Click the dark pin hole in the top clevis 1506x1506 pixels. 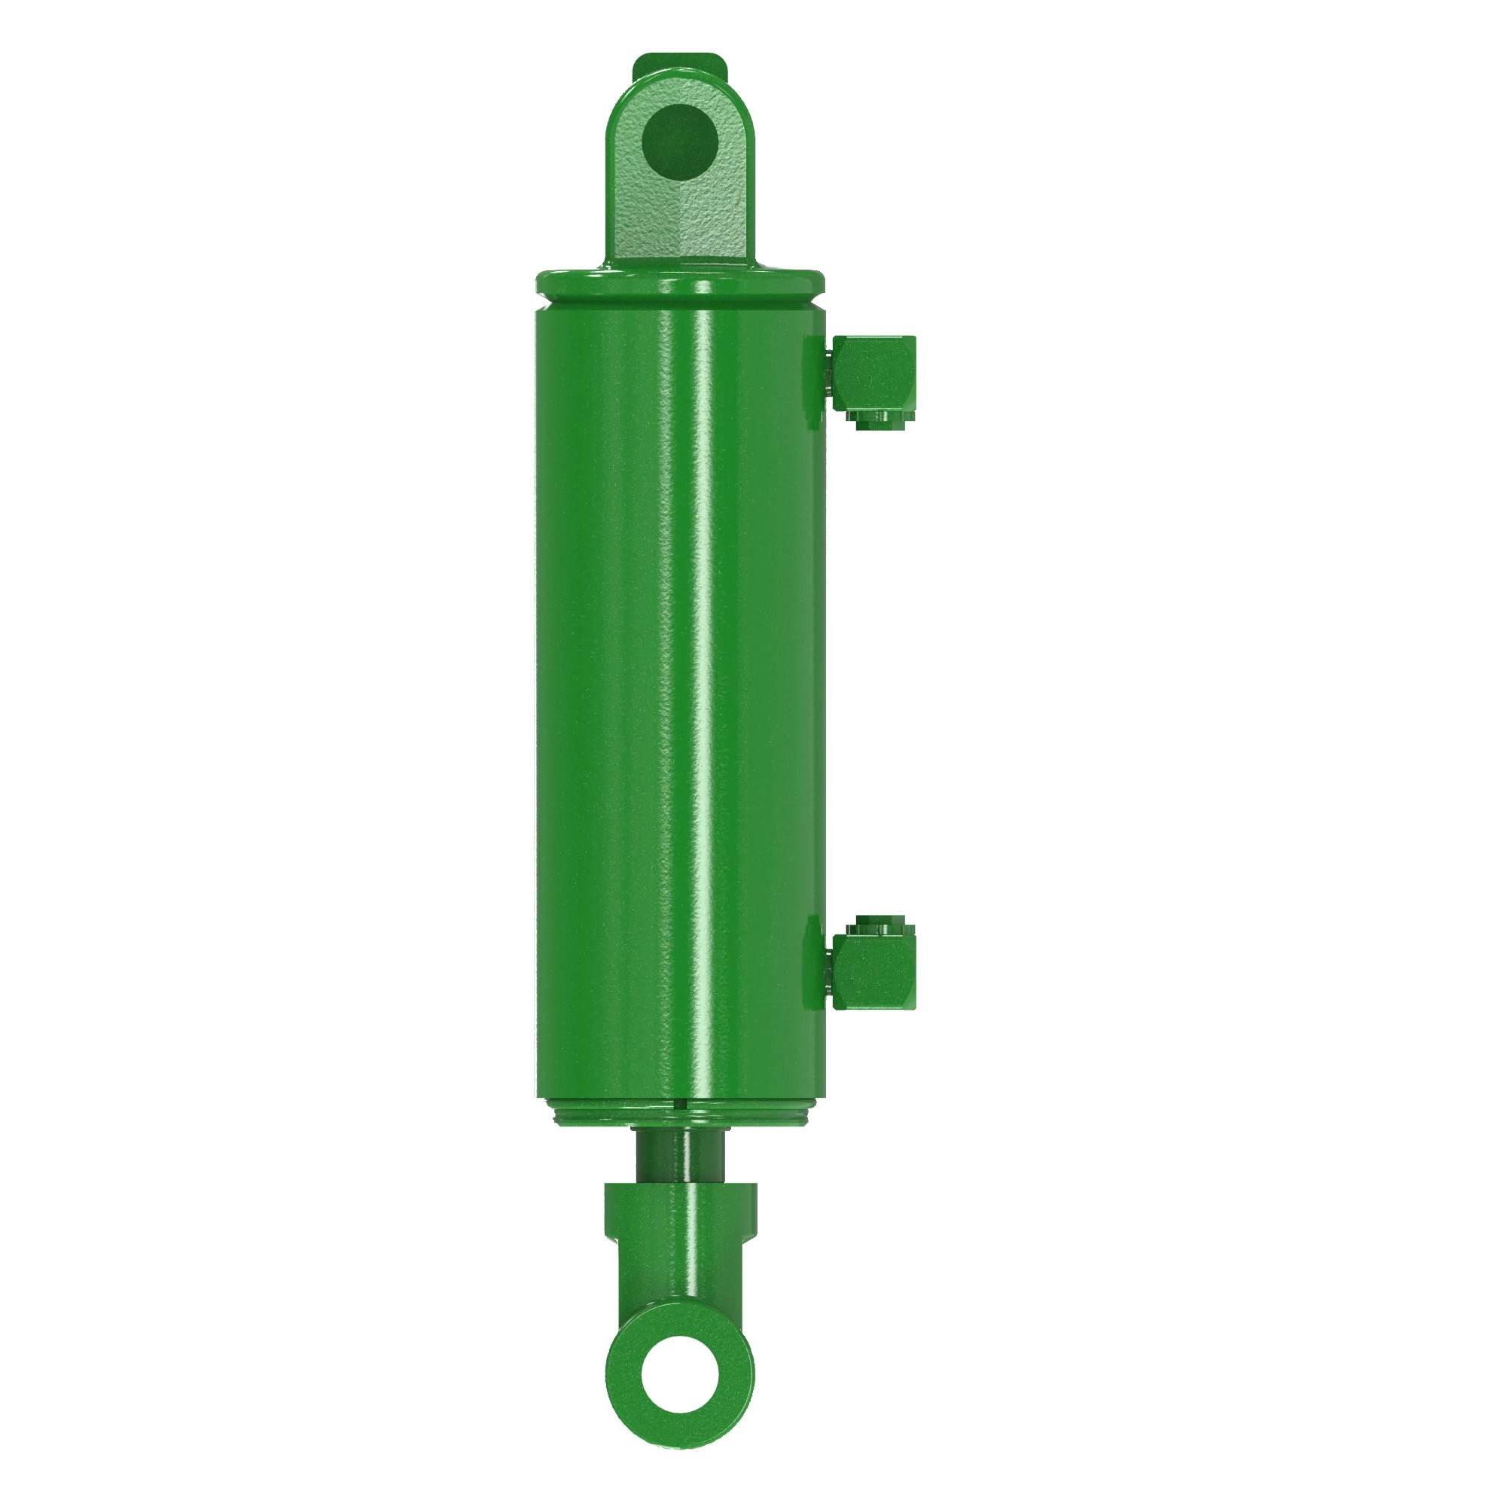(679, 143)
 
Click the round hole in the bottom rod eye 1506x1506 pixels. (679, 1373)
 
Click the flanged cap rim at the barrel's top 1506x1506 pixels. (680, 281)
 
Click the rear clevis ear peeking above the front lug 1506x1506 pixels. (678, 62)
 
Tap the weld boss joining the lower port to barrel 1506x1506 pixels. (814, 967)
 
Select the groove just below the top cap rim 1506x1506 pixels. (680, 300)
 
